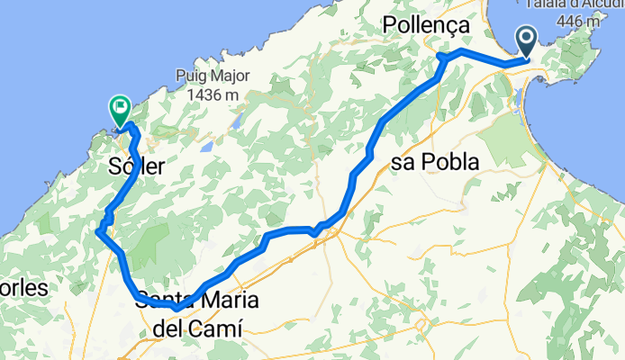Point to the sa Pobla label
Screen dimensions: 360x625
click(x=435, y=160)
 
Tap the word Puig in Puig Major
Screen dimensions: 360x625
click(x=194, y=77)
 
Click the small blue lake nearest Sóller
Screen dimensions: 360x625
click(x=208, y=146)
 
